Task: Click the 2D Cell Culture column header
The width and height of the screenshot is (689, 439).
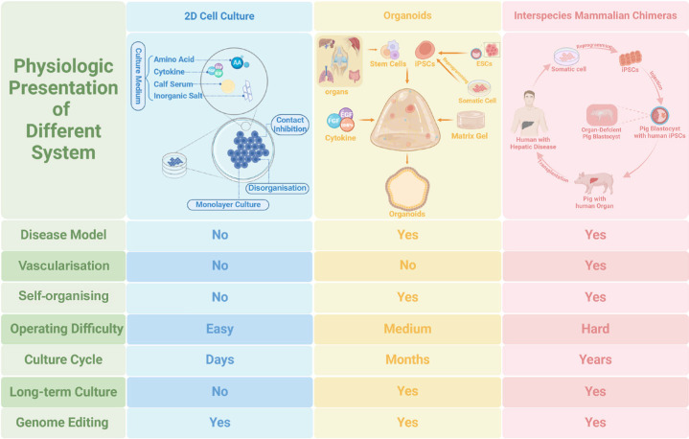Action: point(218,16)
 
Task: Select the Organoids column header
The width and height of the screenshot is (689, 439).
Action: point(407,16)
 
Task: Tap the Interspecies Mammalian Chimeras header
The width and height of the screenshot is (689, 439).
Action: point(596,16)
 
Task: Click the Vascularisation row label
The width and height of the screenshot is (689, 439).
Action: point(63,266)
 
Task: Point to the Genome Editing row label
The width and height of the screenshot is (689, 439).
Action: point(63,422)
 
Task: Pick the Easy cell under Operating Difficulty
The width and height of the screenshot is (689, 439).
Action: point(219,329)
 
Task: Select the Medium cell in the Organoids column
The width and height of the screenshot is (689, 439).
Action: point(407,329)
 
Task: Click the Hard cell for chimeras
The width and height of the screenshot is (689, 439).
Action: point(595,329)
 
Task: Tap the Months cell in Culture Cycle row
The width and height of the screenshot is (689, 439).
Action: point(407,359)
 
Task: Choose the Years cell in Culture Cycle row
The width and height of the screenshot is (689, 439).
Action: point(595,359)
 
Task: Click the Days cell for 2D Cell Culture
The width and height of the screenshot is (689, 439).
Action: point(219,359)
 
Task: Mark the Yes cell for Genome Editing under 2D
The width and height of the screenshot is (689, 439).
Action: point(219,422)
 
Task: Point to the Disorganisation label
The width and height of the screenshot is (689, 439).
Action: point(275,188)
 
